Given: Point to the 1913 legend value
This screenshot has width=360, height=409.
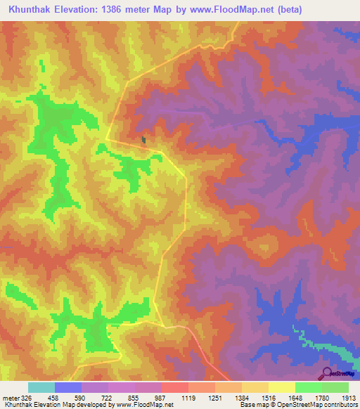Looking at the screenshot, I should [x=349, y=397].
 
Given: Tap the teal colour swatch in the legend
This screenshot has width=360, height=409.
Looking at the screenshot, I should [x=41, y=387].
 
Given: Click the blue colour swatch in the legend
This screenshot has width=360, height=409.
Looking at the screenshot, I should [x=68, y=387].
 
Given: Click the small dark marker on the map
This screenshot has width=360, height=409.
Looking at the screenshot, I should [x=144, y=140].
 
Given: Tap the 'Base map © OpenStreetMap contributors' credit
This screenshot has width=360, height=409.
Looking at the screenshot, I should [x=298, y=405].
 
